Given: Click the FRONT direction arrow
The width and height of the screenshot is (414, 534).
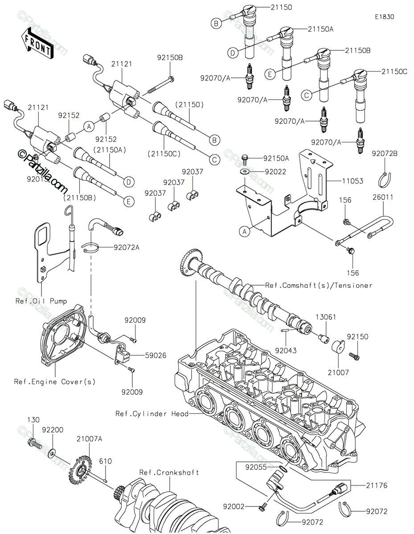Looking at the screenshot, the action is coord(37,44).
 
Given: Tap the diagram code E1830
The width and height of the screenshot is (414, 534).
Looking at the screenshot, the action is coord(385,17).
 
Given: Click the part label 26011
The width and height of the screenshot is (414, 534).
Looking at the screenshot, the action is coord(382,197).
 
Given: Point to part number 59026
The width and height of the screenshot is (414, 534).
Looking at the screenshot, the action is coord(156,356).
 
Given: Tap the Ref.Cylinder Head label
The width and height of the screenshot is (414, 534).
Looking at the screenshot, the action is coord(152,414).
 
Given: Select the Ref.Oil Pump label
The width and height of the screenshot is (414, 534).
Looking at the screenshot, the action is coord(41,301).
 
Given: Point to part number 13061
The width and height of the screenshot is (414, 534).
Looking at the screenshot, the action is coord(326,317).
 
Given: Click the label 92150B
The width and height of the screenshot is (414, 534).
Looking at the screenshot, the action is coord(170,58).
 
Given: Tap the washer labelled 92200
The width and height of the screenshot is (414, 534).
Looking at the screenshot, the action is coord(52,453).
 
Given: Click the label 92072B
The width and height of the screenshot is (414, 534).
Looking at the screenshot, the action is coord(385,154).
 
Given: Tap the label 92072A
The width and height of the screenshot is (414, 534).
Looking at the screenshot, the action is coord(127,247).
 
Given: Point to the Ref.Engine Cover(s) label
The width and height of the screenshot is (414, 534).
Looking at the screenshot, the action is coord(55,382).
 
